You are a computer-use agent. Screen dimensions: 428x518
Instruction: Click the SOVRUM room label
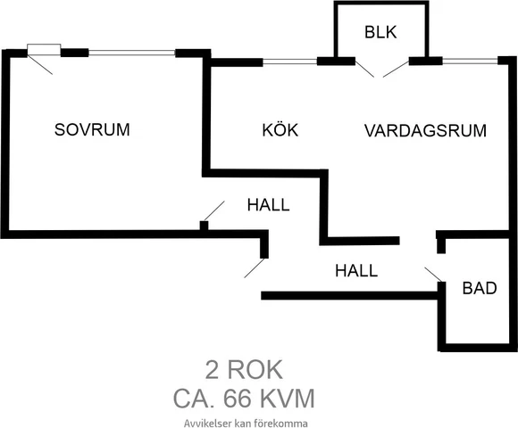(x=92, y=129)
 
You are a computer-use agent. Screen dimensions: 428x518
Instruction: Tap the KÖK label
(x=280, y=130)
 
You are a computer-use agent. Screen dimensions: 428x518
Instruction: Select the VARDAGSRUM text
(x=425, y=130)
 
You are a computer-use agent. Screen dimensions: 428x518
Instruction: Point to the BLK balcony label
(x=380, y=33)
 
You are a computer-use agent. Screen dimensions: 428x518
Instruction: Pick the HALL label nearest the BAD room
(x=356, y=270)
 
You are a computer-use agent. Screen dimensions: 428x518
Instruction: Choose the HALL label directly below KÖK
(x=268, y=205)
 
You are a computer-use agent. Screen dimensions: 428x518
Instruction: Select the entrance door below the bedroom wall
(x=255, y=267)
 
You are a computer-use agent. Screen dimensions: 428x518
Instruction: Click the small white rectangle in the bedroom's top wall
(x=43, y=49)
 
